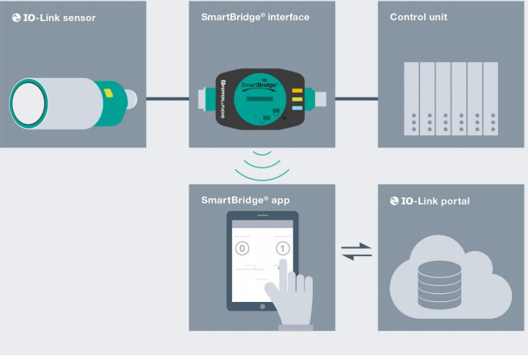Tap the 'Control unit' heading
tap(419, 17)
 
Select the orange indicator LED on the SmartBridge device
tap(297, 91)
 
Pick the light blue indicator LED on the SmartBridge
tap(297, 107)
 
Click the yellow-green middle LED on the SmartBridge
tap(297, 99)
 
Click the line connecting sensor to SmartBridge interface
tap(168, 99)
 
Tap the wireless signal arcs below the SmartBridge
tap(263, 165)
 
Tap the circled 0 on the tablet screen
tap(241, 248)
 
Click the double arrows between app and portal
tap(357, 251)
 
